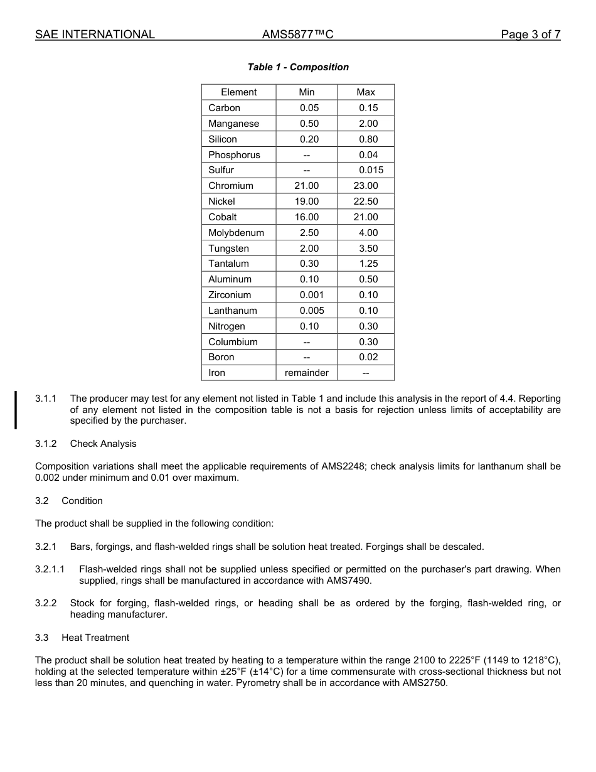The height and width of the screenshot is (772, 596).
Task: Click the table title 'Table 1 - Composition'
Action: tap(298, 67)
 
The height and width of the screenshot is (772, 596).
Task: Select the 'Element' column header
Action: tap(238, 92)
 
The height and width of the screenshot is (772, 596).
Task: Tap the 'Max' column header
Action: tap(366, 92)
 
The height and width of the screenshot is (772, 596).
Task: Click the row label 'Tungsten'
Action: tap(228, 249)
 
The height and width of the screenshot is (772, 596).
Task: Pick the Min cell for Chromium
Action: tap(307, 186)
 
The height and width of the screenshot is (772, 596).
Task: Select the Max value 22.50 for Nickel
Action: tap(366, 201)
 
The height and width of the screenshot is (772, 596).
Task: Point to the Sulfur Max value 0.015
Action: tap(371, 170)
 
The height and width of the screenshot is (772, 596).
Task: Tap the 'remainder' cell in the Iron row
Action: tap(307, 373)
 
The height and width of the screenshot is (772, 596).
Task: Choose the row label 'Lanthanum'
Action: tap(233, 311)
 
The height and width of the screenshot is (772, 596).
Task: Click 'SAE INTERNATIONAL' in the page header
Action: tap(95, 35)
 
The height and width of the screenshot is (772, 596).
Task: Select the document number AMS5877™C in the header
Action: tap(297, 35)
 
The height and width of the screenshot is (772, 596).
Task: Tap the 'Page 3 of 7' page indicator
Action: tap(530, 35)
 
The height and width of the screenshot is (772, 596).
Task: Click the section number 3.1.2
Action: tap(46, 444)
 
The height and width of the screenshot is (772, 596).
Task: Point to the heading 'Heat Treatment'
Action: tap(95, 638)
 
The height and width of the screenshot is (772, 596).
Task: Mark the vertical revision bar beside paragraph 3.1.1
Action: tap(16, 409)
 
